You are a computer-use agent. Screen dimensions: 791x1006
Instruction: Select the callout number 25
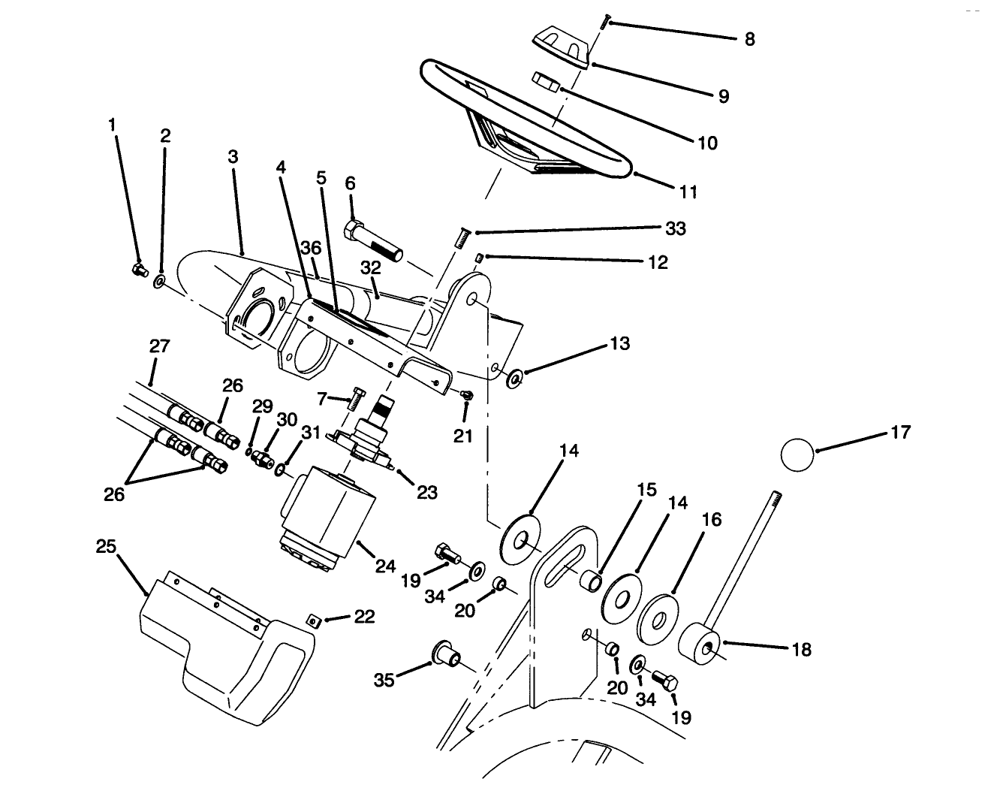(x=106, y=546)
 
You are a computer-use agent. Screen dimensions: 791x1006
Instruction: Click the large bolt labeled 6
(x=374, y=239)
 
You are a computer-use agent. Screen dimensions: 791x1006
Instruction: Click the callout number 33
(x=676, y=228)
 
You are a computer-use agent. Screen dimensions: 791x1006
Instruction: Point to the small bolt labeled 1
(x=139, y=269)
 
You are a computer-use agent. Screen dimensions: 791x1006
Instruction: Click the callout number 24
(x=385, y=566)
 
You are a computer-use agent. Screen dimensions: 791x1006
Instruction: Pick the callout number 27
(x=159, y=347)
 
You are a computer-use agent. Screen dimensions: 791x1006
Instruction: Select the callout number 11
(x=688, y=192)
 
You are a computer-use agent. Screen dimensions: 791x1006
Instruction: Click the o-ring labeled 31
(x=280, y=470)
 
